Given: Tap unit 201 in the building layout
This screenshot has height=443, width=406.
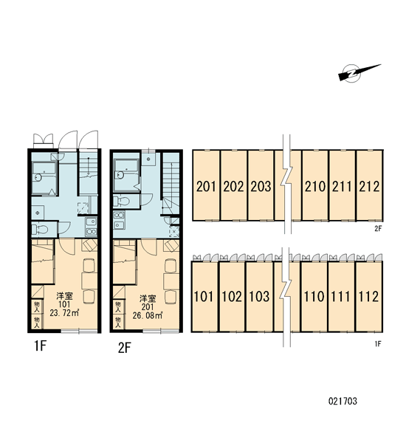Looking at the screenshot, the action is tap(206, 185).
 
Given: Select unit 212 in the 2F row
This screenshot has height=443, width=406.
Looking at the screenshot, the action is tap(369, 185).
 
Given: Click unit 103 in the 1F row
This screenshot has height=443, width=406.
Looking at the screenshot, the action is tap(259, 296).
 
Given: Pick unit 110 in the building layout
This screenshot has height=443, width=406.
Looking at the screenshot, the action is tap(314, 296).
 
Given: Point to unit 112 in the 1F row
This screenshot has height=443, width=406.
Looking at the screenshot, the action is tap(368, 296).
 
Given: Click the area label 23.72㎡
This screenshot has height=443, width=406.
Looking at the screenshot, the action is tap(64, 313).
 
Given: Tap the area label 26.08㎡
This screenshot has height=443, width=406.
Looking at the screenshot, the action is tap(147, 315).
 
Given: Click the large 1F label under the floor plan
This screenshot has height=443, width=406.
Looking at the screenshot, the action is tap(40, 346).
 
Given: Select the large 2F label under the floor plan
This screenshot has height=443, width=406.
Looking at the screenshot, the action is tap(125, 348).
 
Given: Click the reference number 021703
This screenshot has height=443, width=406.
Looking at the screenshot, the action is tap(343, 401).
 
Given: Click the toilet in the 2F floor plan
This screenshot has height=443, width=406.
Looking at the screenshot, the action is tap(121, 201).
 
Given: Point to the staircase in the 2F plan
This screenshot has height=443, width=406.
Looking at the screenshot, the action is tap(171, 184).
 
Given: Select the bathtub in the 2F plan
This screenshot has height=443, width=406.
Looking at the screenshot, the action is tap(126, 175).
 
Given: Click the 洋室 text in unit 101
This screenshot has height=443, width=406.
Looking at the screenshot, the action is tap(64, 296).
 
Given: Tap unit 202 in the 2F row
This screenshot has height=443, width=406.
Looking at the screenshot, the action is tap(233, 185).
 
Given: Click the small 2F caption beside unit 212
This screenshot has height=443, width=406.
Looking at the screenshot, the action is tap(378, 229).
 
